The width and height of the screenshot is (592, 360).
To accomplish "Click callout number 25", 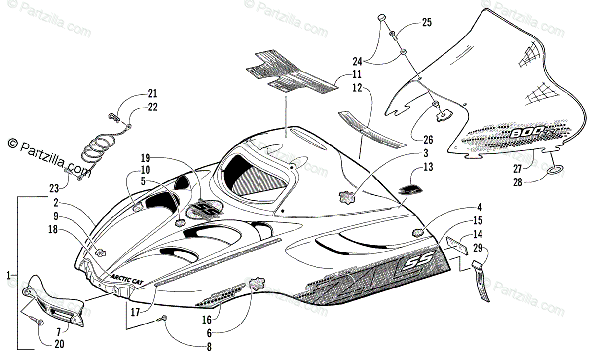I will coord(426,22).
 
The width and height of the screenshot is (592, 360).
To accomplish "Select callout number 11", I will coord(357,75).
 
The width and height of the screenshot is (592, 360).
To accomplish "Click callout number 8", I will coord(209,347).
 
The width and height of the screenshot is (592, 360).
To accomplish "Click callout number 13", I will coord(428,167).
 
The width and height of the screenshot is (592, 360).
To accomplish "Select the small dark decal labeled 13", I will coord(409,190).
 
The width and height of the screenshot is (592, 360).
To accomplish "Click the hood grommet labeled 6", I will coord(257,285).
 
